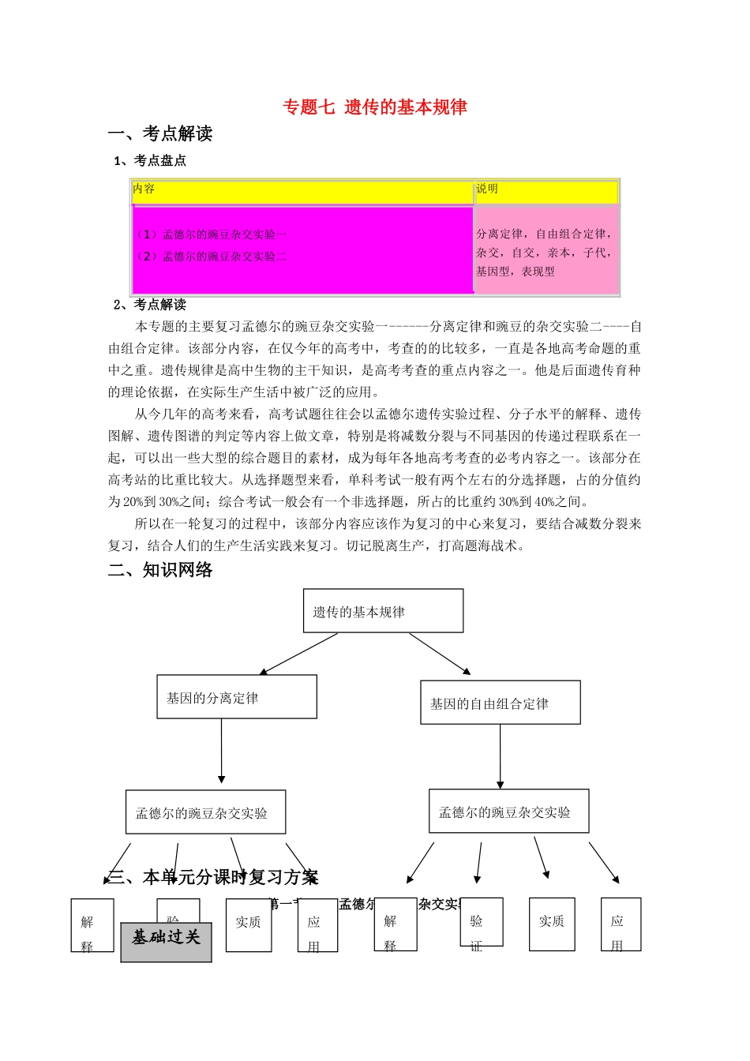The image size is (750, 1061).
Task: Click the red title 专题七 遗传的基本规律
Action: pyautogui.click(x=375, y=107)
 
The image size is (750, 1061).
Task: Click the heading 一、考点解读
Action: pyautogui.click(x=160, y=133)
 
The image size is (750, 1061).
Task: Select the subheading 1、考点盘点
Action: pyautogui.click(x=150, y=160)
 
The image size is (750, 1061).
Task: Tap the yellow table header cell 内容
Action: pyautogui.click(x=144, y=189)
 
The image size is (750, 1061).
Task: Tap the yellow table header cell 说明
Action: pyautogui.click(x=487, y=189)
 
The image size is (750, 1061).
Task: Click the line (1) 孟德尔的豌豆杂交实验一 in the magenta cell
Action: pyautogui.click(x=211, y=234)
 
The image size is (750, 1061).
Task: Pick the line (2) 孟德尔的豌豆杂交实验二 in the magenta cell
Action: pyautogui.click(x=211, y=256)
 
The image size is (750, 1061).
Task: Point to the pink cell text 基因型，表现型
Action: pyautogui.click(x=515, y=272)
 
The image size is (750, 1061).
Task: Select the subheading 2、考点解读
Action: pyautogui.click(x=150, y=305)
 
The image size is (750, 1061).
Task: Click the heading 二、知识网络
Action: pyautogui.click(x=160, y=570)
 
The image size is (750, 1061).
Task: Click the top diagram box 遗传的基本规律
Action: pyautogui.click(x=383, y=611)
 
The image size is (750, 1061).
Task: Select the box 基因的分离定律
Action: pyautogui.click(x=237, y=697)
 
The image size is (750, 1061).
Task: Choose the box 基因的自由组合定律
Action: pyautogui.click(x=500, y=703)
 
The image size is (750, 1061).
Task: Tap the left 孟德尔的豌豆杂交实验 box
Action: pyautogui.click(x=205, y=812)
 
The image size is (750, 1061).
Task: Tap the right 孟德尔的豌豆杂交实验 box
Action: pyautogui.click(x=508, y=812)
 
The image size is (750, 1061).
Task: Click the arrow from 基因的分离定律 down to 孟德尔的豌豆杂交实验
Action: pyautogui.click(x=222, y=750)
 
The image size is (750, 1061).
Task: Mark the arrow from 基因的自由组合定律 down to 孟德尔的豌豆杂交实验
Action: pyautogui.click(x=500, y=755)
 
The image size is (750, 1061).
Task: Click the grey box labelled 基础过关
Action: pyautogui.click(x=166, y=942)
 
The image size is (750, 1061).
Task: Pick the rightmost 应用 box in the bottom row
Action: pyautogui.click(x=621, y=924)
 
